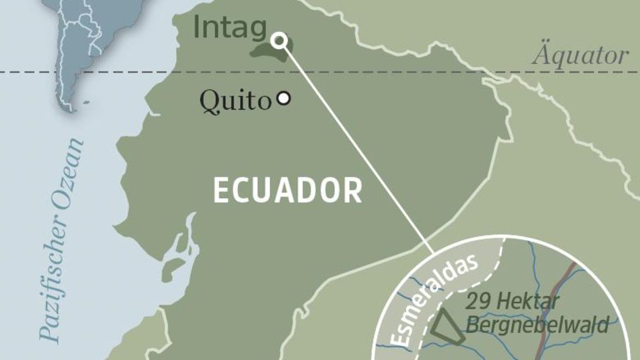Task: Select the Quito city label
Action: (235, 101)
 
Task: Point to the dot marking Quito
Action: (284, 99)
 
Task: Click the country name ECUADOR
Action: (287, 191)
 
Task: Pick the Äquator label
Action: (579, 56)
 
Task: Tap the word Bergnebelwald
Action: (537, 325)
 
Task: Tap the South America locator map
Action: (73, 47)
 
